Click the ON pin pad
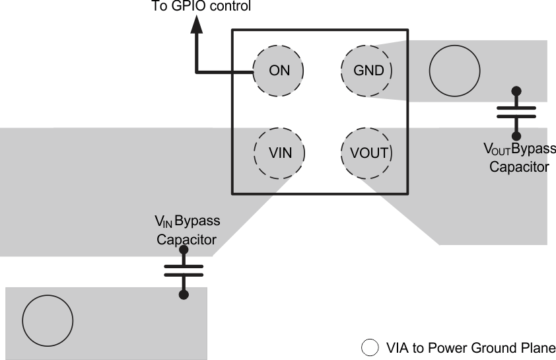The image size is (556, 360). pyautogui.click(x=279, y=70)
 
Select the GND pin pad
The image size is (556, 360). pyautogui.click(x=366, y=70)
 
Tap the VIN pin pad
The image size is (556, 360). pyautogui.click(x=279, y=153)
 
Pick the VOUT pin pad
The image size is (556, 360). pyautogui.click(x=367, y=153)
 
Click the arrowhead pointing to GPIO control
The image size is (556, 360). pyautogui.click(x=197, y=25)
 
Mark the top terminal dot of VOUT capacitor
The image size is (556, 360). pyautogui.click(x=516, y=91)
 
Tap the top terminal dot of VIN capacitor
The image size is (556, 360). pyautogui.click(x=184, y=250)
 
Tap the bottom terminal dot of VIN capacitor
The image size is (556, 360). pyautogui.click(x=184, y=294)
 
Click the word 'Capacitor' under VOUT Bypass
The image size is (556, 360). pyautogui.click(x=518, y=167)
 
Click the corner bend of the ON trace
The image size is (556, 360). pyautogui.click(x=197, y=70)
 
